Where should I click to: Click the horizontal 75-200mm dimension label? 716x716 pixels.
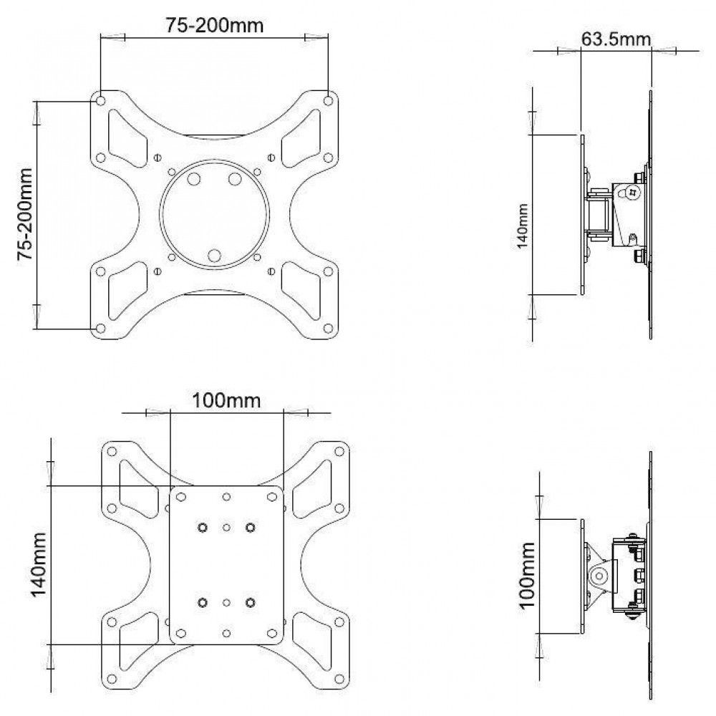tap(215, 25)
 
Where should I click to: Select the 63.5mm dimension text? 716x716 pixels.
tap(615, 39)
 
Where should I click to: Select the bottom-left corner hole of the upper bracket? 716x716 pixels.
tap(101, 329)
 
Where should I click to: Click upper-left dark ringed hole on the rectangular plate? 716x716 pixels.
tap(202, 528)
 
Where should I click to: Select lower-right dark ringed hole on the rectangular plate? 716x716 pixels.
tap(250, 603)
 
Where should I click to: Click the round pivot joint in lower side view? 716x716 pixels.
tap(599, 575)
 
